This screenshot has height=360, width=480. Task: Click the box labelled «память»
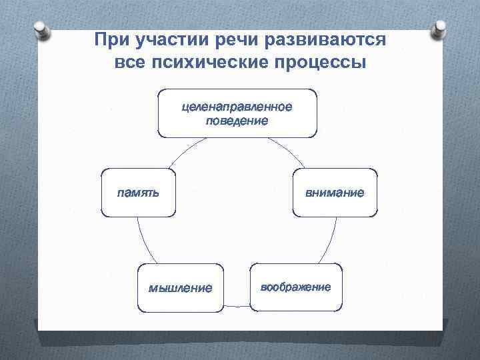click(139, 193)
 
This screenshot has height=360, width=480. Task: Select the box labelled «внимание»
click(335, 193)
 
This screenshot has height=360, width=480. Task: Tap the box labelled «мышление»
click(180, 288)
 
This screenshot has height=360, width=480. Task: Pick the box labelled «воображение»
click(296, 287)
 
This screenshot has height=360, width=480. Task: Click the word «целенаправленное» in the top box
click(237, 107)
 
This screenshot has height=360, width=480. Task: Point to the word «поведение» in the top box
click(237, 121)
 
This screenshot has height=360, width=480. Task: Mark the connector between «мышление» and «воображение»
click(237, 306)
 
